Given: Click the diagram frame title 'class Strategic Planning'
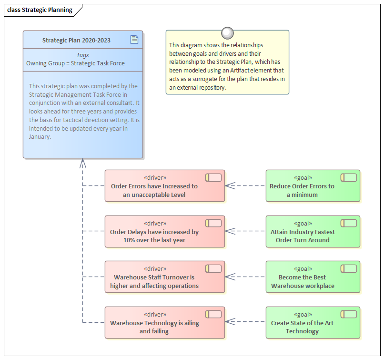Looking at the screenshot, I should point(40,10).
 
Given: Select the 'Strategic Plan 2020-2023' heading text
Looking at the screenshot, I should point(76,41).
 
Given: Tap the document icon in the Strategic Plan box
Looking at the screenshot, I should point(134,40).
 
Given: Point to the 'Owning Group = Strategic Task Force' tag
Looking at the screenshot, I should point(75,63).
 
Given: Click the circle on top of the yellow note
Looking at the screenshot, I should point(227,33).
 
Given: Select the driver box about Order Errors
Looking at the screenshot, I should point(164,186).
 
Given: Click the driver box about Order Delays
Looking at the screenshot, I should point(164,232).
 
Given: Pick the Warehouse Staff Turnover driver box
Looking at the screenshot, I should point(164,277).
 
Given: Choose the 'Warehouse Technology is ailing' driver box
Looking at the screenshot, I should point(164,323).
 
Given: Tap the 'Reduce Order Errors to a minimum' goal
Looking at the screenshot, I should point(313,186).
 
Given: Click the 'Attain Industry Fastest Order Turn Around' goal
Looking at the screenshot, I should point(313,232).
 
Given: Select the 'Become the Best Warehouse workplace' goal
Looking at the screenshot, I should point(313,277).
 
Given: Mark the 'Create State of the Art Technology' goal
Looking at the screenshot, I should point(313,323).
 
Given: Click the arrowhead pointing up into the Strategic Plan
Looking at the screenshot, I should point(83,163).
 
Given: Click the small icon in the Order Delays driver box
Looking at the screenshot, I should point(213,223).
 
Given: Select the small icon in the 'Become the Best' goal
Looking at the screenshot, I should point(349,269).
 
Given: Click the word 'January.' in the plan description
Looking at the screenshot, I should point(40,136).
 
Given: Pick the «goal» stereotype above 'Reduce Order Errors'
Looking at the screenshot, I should point(303,178).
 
